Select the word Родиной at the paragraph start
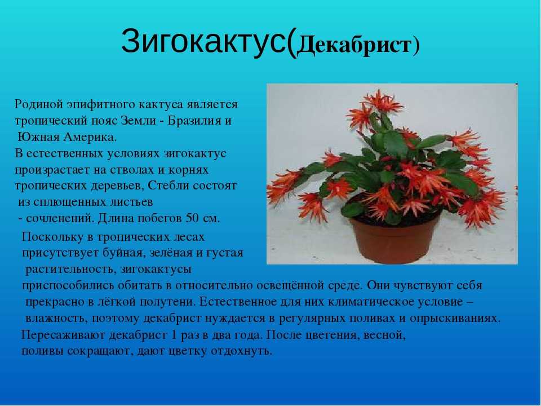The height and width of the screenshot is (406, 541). pos(38,104)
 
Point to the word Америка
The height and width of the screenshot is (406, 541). pos(90,137)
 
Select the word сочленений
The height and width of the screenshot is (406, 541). pos(60,219)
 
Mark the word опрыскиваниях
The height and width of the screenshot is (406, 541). pos(455,318)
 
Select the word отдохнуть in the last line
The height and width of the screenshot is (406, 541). pos(241,351)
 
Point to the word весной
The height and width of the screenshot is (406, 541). pos(384,335)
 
